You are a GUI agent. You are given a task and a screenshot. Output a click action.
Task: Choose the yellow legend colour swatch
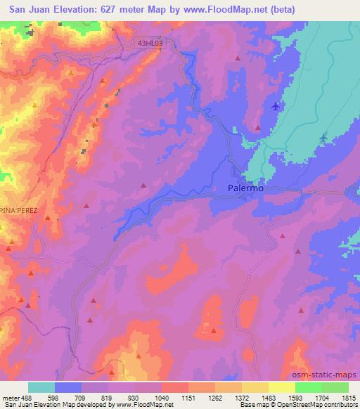click(x=281, y=387)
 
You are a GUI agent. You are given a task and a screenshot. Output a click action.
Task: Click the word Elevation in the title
click(x=77, y=9)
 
